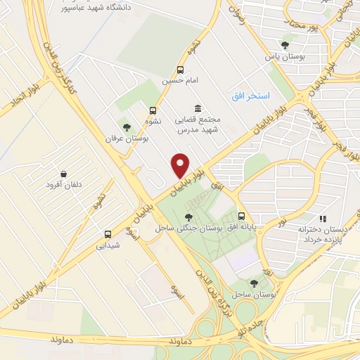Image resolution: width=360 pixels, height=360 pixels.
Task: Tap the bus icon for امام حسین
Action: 181,70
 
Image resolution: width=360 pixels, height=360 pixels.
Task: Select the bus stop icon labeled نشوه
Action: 153,110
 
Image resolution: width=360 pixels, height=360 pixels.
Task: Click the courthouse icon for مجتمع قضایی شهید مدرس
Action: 197,108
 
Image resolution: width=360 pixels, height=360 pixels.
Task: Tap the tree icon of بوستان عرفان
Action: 126,127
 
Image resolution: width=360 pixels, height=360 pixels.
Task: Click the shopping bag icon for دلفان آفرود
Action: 64,174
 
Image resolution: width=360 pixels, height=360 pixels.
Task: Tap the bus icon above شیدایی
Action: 108,234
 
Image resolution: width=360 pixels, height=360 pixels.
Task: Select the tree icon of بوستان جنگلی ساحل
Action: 188,217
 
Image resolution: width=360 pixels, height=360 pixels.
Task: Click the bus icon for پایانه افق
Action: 242,216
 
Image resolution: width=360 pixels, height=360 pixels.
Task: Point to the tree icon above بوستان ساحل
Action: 254,283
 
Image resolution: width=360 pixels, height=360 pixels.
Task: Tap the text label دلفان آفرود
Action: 64,186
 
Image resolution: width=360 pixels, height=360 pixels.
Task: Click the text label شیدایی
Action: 108,246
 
